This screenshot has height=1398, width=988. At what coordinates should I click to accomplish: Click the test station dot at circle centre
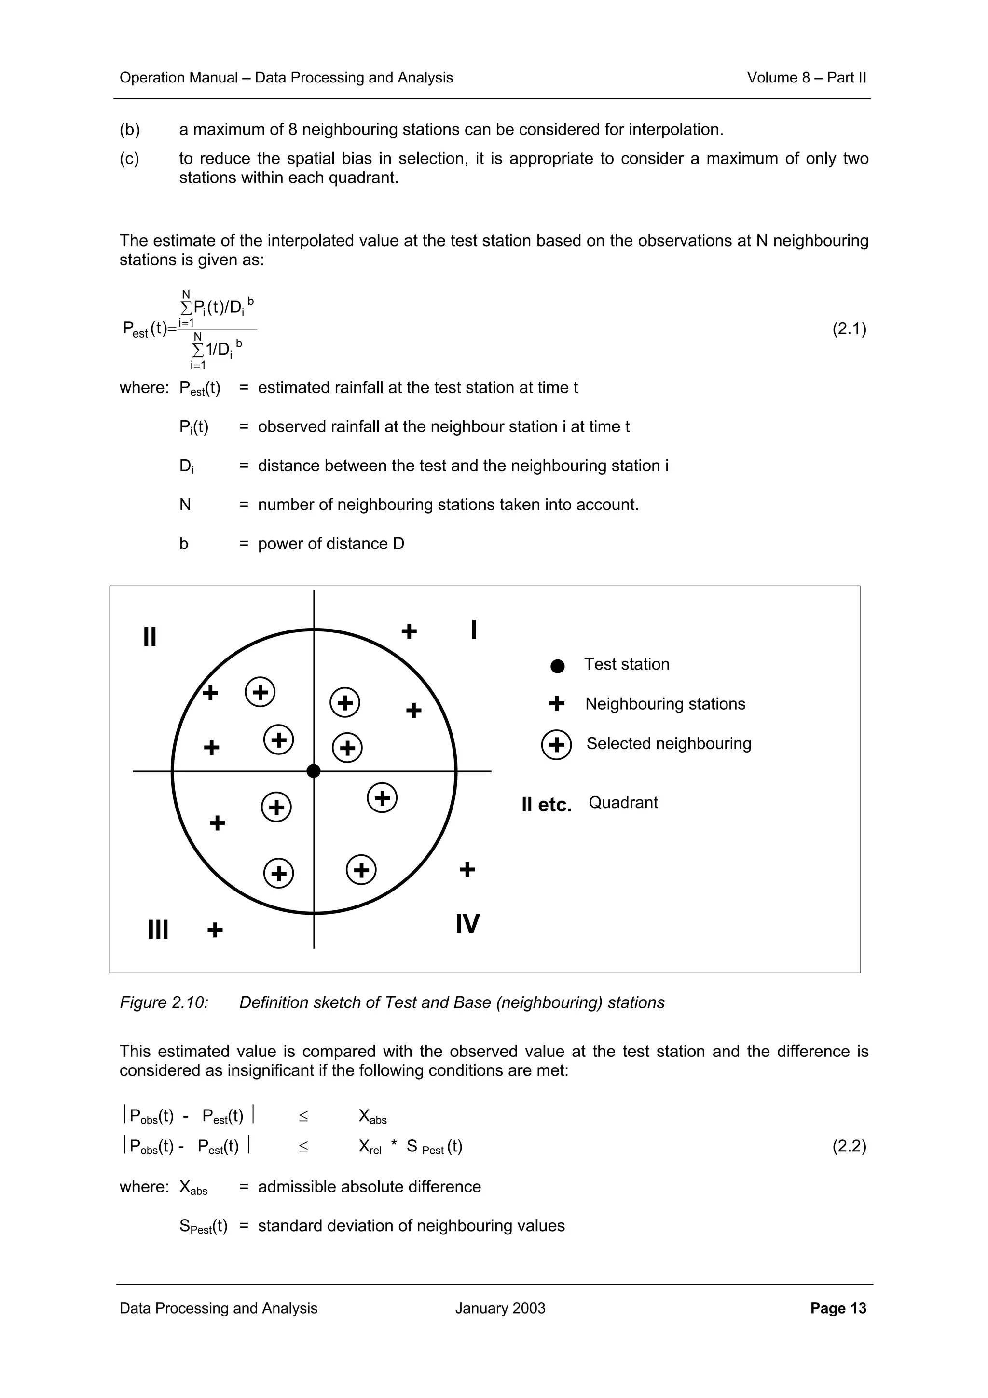click(x=314, y=771)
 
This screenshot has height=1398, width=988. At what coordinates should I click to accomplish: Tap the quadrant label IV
click(x=467, y=924)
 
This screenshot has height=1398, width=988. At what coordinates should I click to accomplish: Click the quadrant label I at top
click(x=474, y=630)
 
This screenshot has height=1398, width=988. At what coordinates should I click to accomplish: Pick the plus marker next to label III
click(x=215, y=930)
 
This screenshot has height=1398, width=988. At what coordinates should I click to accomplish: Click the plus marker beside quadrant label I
click(x=409, y=631)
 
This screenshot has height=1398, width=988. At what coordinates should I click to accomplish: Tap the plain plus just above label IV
click(x=467, y=869)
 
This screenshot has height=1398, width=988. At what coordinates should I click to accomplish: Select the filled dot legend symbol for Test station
click(x=557, y=666)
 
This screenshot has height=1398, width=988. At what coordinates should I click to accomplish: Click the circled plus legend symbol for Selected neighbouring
click(x=556, y=745)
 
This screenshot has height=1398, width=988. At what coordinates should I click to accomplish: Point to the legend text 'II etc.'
click(x=546, y=805)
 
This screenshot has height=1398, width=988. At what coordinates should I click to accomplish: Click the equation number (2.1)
click(x=849, y=329)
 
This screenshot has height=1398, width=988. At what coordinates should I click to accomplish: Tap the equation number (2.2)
click(x=849, y=1147)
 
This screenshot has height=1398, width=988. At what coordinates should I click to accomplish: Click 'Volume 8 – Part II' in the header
click(x=806, y=78)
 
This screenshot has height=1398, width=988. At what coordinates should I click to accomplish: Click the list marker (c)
click(x=129, y=159)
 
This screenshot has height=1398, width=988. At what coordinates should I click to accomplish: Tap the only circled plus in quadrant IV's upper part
click(x=382, y=797)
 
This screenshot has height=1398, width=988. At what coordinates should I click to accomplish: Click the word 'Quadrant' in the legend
click(x=623, y=803)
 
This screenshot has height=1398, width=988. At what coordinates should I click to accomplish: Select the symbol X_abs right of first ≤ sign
click(x=372, y=1117)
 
